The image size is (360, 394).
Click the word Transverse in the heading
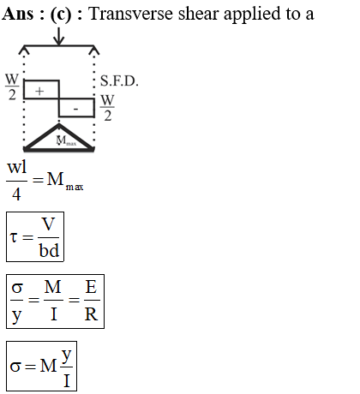131,14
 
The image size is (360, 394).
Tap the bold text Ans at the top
18,14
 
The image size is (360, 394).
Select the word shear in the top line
198,14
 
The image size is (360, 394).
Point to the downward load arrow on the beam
58,36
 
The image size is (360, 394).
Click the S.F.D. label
119,81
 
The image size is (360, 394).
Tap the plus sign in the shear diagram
39,92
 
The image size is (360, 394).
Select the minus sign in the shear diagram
75,109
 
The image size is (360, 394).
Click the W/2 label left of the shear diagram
12,87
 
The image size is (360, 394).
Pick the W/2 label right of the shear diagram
107,108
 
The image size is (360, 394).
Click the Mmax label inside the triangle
66,140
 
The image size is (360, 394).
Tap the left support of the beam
24,51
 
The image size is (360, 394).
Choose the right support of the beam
94,51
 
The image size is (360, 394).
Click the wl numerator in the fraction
17,167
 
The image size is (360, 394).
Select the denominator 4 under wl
16,194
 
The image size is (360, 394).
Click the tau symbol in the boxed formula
14,237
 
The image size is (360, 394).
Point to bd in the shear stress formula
49,250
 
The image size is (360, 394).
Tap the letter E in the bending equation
91,287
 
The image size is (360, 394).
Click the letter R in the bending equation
91,314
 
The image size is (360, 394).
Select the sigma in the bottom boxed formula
15,367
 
